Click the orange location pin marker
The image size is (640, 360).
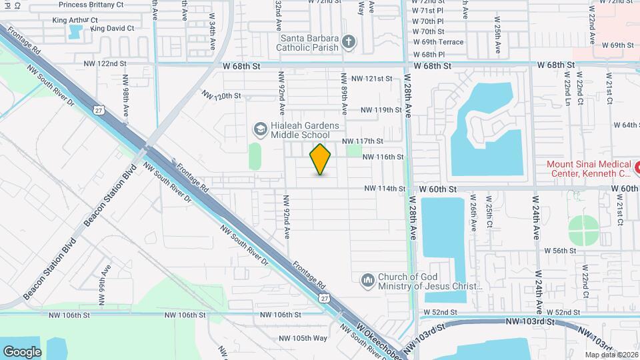click(321, 159)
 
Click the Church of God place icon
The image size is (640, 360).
click(367, 281)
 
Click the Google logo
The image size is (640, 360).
click(22, 351)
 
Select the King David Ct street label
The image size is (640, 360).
click(113, 29)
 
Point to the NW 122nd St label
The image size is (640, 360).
click(105, 63)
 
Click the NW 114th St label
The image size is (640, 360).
click(385, 189)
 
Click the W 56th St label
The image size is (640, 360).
click(560, 251)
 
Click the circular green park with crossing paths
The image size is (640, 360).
click(585, 231)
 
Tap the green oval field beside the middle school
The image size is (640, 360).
click(255, 156)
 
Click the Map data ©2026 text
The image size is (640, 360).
click(611, 355)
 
